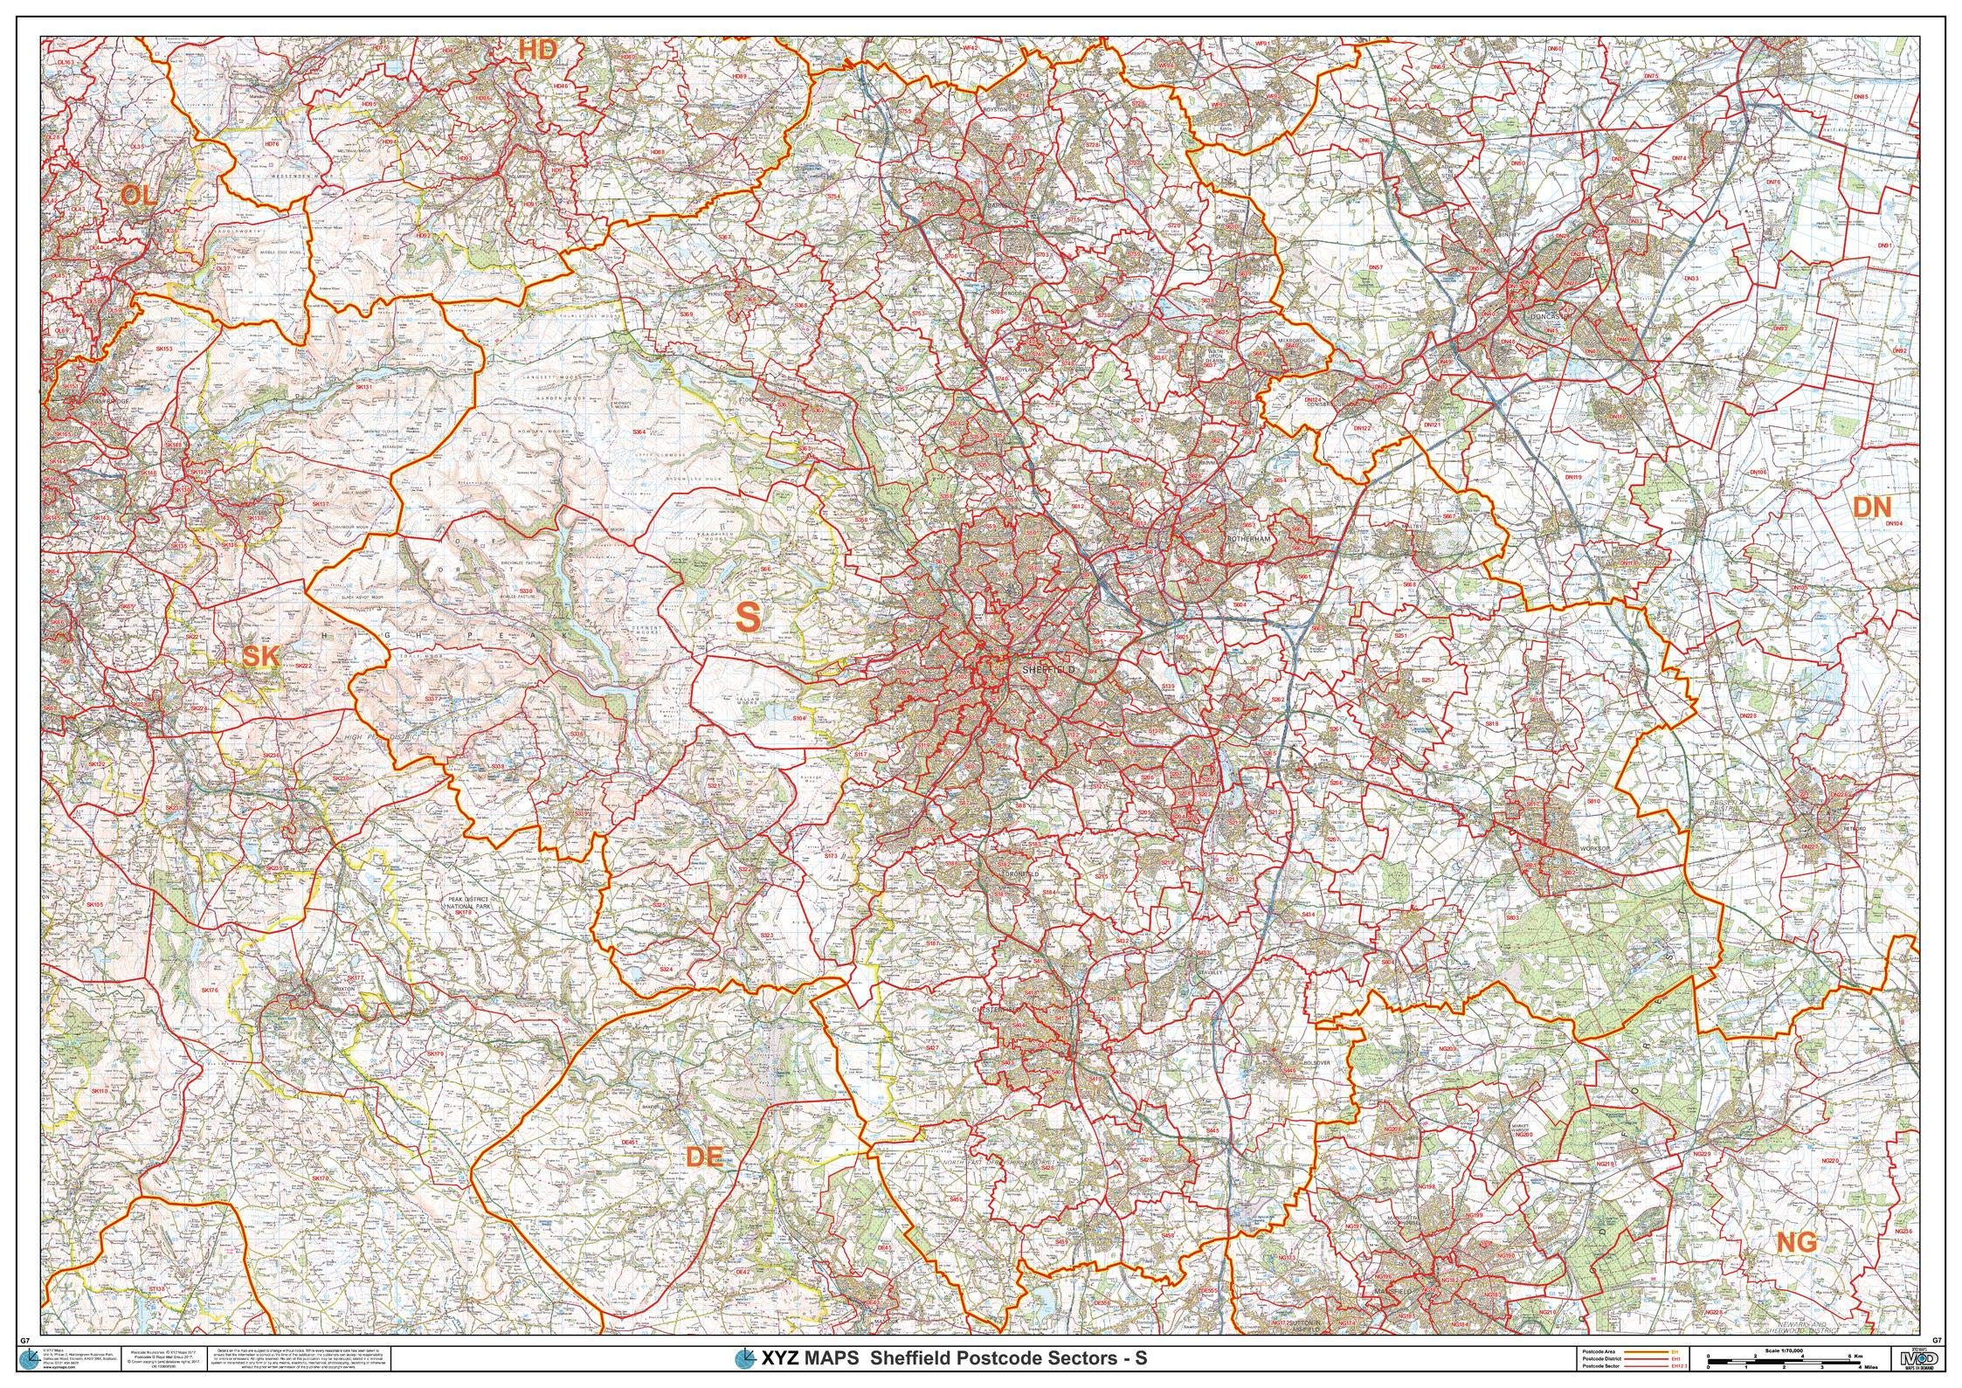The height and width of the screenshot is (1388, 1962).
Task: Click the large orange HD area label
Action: [x=537, y=51]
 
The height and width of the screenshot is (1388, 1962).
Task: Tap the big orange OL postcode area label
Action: [x=138, y=195]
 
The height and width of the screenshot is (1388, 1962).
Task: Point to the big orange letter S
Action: [x=748, y=617]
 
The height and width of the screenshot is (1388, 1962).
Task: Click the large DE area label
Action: [x=704, y=1157]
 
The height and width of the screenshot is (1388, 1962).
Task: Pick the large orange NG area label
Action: [x=1797, y=1241]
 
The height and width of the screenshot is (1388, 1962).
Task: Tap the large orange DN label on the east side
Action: [x=1871, y=508]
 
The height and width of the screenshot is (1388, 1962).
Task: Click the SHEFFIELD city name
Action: [x=1047, y=668]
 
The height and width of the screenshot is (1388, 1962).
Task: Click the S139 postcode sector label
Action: [x=1169, y=688]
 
